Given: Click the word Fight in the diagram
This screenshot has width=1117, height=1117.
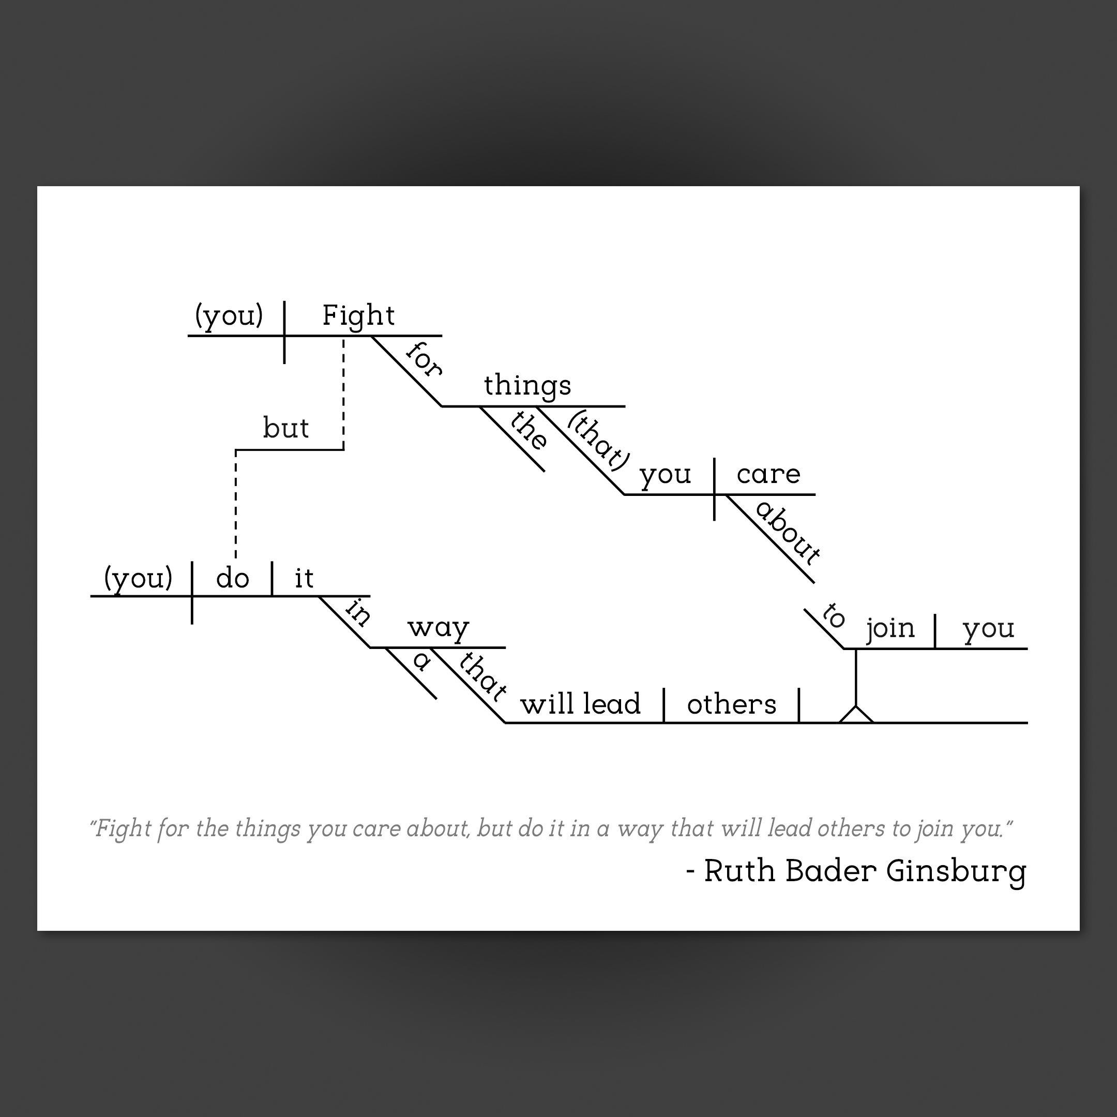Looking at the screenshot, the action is tap(358, 315).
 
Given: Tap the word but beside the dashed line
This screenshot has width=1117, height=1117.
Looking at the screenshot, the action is tap(285, 428).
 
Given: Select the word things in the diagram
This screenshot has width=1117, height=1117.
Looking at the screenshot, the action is tap(527, 386).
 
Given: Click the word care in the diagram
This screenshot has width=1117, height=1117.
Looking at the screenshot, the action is tap(768, 475).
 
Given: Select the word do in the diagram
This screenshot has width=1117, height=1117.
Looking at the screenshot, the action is tap(232, 578).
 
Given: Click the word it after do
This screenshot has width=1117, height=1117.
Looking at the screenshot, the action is tap(304, 578).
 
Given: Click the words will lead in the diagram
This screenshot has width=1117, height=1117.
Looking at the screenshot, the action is tap(580, 704).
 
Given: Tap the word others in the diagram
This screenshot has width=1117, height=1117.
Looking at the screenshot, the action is tap(731, 704).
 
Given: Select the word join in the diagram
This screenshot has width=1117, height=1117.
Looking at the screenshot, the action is tap(890, 628).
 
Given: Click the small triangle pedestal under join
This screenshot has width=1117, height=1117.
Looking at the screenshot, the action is tap(856, 715).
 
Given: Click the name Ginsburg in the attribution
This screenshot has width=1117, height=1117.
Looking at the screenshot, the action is tap(956, 872).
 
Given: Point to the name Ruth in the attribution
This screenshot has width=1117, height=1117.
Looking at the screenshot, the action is tap(739, 871).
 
